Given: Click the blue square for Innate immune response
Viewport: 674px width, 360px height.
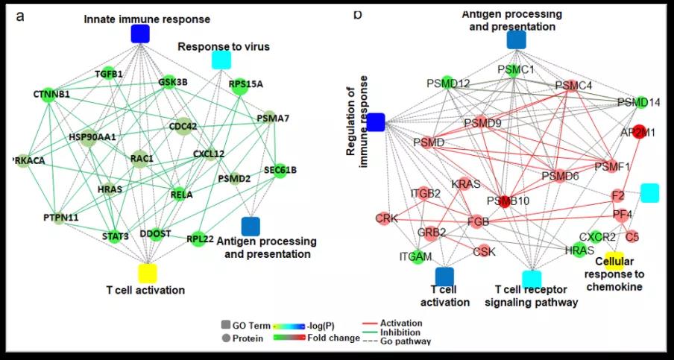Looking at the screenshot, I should coord(140,34).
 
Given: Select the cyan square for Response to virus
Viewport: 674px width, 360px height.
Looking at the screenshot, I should coord(221,60).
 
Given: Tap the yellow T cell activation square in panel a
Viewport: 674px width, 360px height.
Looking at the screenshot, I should coord(147,273).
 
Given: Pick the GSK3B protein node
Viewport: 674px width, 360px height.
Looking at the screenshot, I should coord(168,81).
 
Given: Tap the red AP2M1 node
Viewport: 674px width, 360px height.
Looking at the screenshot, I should coord(638,131).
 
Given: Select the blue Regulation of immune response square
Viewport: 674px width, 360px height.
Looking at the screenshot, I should coord(376,122).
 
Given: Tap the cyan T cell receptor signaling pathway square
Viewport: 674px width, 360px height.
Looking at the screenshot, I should coord(532,279).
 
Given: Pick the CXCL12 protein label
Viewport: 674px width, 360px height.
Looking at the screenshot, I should coord(209,154).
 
